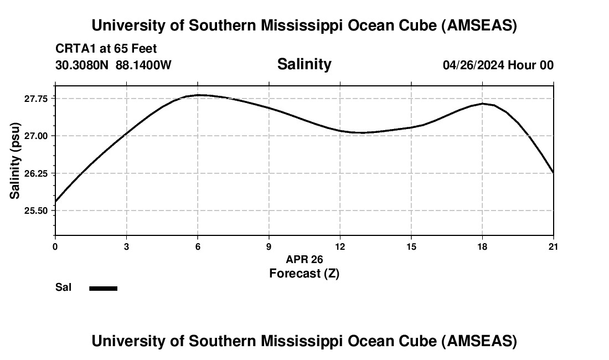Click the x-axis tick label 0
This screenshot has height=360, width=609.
pyautogui.click(x=55, y=246)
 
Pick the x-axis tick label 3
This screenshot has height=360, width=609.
pyautogui.click(x=127, y=246)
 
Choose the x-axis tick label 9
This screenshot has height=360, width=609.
pyautogui.click(x=269, y=246)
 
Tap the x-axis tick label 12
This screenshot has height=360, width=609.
pyautogui.click(x=340, y=246)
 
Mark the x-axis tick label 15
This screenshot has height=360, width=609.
pyautogui.click(x=411, y=246)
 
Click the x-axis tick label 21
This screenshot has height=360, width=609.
pyautogui.click(x=553, y=246)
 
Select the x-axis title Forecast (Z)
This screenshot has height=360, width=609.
pyautogui.click(x=304, y=273)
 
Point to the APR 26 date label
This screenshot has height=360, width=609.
pyautogui.click(x=304, y=259)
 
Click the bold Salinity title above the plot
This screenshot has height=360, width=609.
pyautogui.click(x=304, y=64)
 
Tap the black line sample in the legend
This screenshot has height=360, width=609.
pyautogui.click(x=104, y=288)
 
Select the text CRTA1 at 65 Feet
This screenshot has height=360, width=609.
pyautogui.click(x=106, y=49)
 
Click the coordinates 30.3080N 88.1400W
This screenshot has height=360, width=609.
pyautogui.click(x=113, y=65)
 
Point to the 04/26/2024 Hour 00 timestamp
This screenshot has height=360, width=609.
pyautogui.click(x=498, y=65)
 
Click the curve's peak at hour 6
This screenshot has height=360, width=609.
pyautogui.click(x=198, y=95)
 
